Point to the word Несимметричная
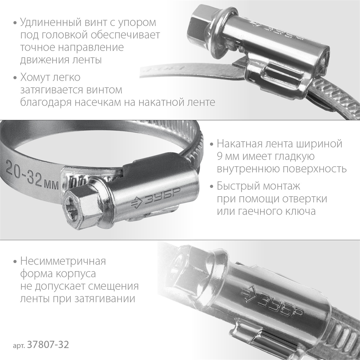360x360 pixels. point(63,261)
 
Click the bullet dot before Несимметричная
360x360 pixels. point(14,261)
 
